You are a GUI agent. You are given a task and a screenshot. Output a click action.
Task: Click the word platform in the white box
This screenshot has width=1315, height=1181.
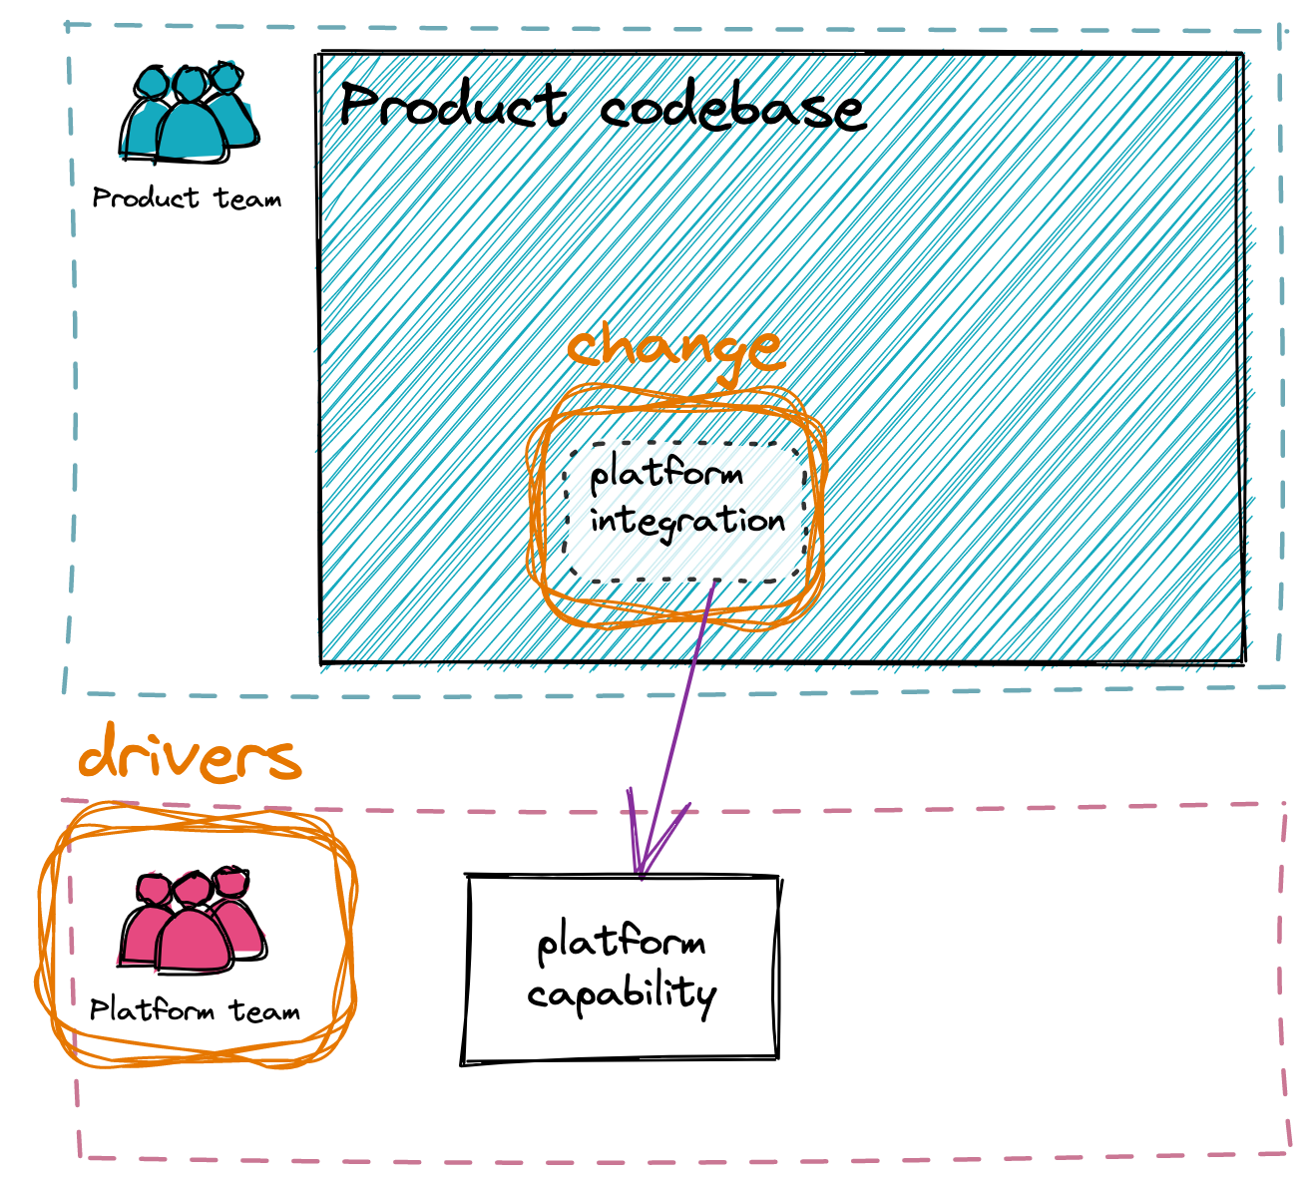[x=666, y=473]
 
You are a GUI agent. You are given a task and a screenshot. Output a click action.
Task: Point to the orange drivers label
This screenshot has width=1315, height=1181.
[x=190, y=757]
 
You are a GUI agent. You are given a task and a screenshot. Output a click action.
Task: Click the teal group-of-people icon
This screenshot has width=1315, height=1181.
[x=189, y=112]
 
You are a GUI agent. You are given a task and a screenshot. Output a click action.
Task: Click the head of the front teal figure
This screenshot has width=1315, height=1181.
[x=188, y=83]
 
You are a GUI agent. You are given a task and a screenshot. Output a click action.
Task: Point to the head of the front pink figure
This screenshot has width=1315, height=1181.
[x=191, y=889]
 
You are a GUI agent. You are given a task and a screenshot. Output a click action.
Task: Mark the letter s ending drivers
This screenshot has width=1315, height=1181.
[x=283, y=761]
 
